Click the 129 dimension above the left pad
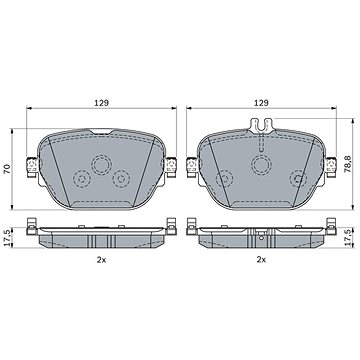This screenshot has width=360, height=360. [x=101, y=103]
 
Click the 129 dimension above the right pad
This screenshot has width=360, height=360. [x=261, y=103]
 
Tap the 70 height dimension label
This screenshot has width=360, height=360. [x=7, y=169]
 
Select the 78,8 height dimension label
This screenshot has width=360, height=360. [x=348, y=165]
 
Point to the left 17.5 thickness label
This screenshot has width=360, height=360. [x=7, y=238]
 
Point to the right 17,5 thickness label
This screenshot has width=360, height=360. [x=348, y=238]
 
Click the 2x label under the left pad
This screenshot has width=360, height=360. [x=101, y=260]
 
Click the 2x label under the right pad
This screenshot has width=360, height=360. [x=261, y=260]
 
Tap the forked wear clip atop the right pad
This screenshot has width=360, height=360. [x=261, y=126]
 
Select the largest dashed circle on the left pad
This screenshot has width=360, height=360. [x=102, y=165]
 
